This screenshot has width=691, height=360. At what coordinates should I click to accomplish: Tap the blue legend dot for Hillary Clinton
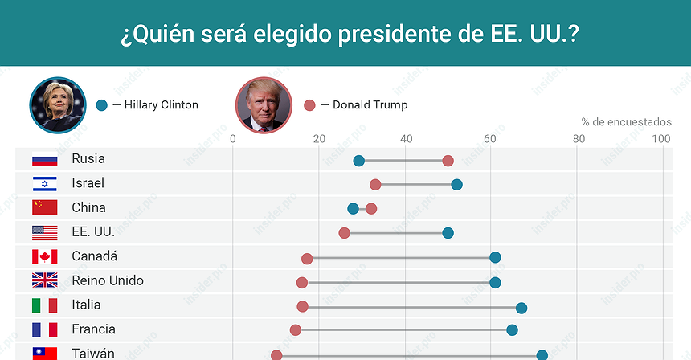point(101,104)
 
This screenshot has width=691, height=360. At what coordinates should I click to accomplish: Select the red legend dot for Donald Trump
point(309,104)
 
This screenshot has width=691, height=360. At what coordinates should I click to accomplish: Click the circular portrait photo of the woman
point(58,104)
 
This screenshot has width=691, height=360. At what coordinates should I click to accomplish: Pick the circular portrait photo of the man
point(264,104)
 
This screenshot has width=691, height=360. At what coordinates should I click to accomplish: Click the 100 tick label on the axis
point(661,139)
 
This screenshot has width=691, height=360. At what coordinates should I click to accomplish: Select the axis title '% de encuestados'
point(626,122)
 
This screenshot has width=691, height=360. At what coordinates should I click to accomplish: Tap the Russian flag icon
point(44,159)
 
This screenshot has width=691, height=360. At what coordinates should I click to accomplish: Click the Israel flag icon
point(44,184)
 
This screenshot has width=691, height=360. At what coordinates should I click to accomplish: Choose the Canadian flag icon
point(44,257)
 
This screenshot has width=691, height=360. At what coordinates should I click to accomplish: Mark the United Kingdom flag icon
point(44,281)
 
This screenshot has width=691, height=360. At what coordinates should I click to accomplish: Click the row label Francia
point(93,329)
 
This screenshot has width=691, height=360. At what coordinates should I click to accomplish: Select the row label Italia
point(86,305)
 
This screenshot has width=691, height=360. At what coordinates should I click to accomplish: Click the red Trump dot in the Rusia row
point(448,162)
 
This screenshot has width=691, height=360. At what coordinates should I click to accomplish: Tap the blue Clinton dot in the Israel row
point(456,185)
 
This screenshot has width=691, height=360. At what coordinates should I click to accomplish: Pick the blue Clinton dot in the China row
point(353,209)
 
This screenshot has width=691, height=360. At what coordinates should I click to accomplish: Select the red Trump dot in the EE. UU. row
point(344,233)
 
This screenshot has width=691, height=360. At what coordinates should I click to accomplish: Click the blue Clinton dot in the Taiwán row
point(542,354)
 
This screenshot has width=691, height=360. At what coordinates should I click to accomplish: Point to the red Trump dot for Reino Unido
point(301,282)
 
